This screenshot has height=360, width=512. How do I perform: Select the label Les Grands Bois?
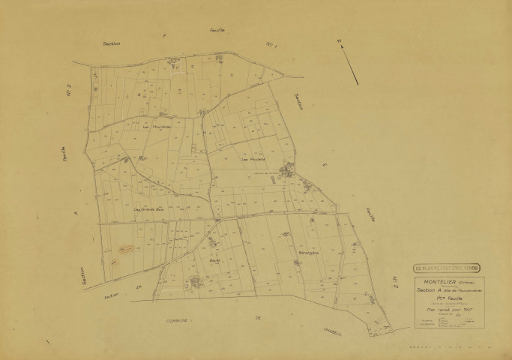point(148,210)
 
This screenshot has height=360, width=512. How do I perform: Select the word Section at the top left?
point(112,44)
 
